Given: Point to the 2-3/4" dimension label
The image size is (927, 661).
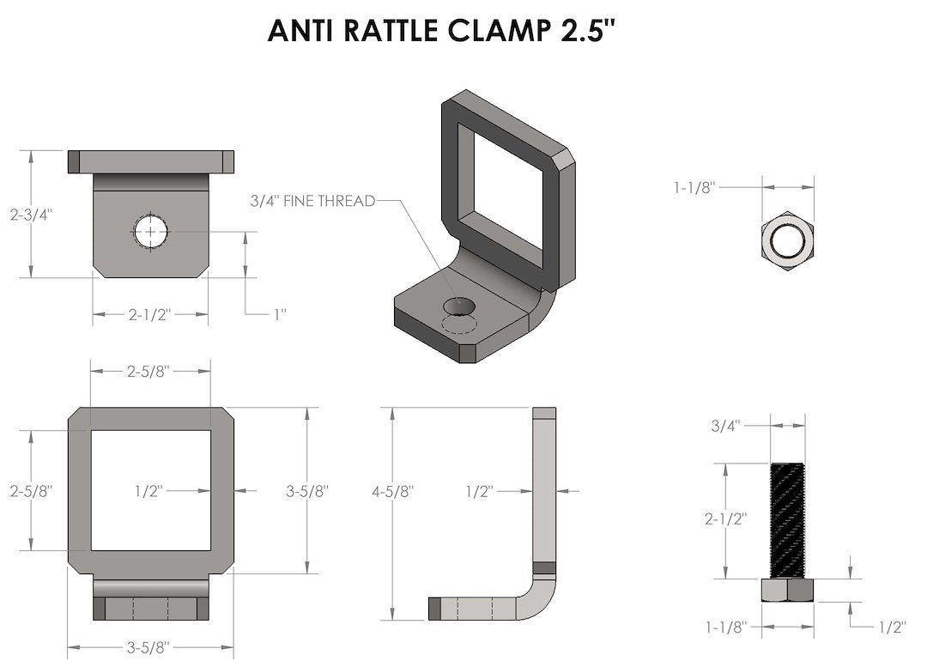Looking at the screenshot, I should pyautogui.click(x=32, y=215).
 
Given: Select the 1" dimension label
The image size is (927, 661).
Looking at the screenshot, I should pyautogui.click(x=279, y=314).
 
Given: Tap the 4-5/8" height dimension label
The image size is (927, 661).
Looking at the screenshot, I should pyautogui.click(x=393, y=491).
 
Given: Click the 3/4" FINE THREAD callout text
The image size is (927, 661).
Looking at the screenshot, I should pyautogui.click(x=312, y=201).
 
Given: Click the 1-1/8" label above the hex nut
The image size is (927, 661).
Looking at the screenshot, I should pyautogui.click(x=695, y=185).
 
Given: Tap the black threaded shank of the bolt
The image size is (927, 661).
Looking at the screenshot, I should pyautogui.click(x=788, y=519).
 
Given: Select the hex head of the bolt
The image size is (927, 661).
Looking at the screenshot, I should pyautogui.click(x=788, y=591).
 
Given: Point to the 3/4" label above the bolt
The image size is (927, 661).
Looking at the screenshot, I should pyautogui.click(x=725, y=424).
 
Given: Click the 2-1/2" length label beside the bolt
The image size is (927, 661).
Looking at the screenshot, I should pyautogui.click(x=725, y=519).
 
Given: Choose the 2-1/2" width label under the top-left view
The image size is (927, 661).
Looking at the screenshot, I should pyautogui.click(x=150, y=314).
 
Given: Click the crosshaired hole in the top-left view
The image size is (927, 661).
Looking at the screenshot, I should pyautogui.click(x=151, y=232).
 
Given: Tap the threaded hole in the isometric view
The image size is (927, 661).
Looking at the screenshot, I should pyautogui.click(x=458, y=306).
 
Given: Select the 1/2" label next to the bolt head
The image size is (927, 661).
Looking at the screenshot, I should pyautogui.click(x=892, y=628).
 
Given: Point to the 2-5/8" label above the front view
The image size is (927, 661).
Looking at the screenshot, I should pyautogui.click(x=148, y=371).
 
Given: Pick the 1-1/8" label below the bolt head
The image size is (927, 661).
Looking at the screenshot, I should pyautogui.click(x=725, y=628).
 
